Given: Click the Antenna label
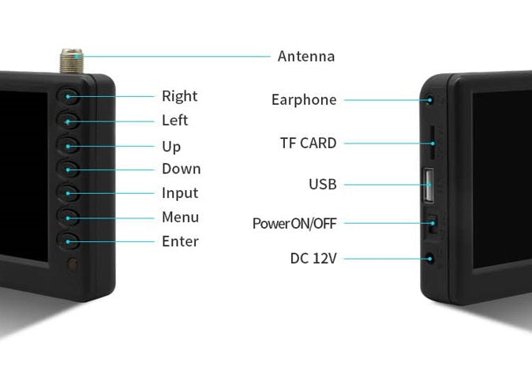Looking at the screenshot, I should pyautogui.click(x=305, y=57).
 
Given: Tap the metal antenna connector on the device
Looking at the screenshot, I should pyautogui.click(x=70, y=60).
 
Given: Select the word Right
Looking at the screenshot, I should pyautogui.click(x=179, y=97).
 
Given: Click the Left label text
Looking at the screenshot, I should pyautogui.click(x=174, y=121).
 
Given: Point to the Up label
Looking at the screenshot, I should pyautogui.click(x=171, y=147).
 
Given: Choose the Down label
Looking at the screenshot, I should pyautogui.click(x=181, y=169).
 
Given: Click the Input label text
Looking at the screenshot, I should pyautogui.click(x=180, y=193).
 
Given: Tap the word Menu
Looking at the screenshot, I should pyautogui.click(x=180, y=218).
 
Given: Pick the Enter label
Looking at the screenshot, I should pyautogui.click(x=180, y=241).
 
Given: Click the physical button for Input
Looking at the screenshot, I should pyautogui.click(x=69, y=193).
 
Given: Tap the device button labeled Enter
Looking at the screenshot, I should pyautogui.click(x=69, y=241).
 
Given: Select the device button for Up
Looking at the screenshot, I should pyautogui.click(x=69, y=146).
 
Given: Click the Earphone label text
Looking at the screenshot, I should pyautogui.click(x=304, y=100).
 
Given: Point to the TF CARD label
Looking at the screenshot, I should pyautogui.click(x=308, y=143).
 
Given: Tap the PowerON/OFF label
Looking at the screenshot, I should pyautogui.click(x=294, y=224).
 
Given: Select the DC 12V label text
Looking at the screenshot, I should pyautogui.click(x=313, y=259).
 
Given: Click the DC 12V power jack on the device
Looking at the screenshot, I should pyautogui.click(x=430, y=258).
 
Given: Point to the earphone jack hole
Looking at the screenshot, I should pyautogui.click(x=430, y=100).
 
